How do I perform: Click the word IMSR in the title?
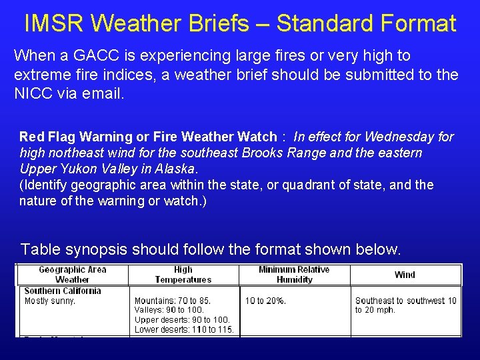53,23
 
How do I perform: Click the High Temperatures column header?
183,275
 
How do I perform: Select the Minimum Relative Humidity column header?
294,275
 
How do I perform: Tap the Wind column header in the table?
404,275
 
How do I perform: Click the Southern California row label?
62,291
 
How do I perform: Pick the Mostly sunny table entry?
50,301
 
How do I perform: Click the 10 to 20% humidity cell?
265,301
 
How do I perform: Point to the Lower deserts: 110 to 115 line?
184,329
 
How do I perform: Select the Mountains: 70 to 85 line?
173,301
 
